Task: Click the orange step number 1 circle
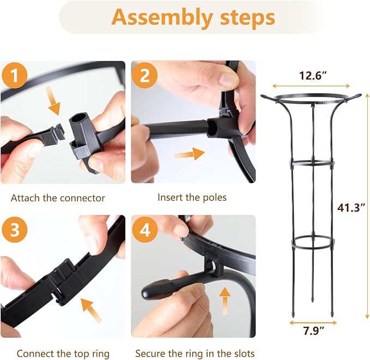tap(15, 76)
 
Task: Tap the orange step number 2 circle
tap(144, 76)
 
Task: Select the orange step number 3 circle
tap(15, 230)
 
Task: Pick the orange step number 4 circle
tap(144, 230)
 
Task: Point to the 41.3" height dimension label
tap(351, 208)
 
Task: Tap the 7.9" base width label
tap(314, 331)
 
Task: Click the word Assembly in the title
tap(162, 17)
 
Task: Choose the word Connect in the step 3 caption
tap(35, 353)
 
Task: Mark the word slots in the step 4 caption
tap(244, 353)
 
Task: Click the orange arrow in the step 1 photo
tap(53, 100)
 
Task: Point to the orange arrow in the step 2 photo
tap(190, 154)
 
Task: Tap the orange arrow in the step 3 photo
tap(92, 310)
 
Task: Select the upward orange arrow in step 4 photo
tap(226, 301)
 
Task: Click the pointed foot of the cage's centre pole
tap(313, 299)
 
